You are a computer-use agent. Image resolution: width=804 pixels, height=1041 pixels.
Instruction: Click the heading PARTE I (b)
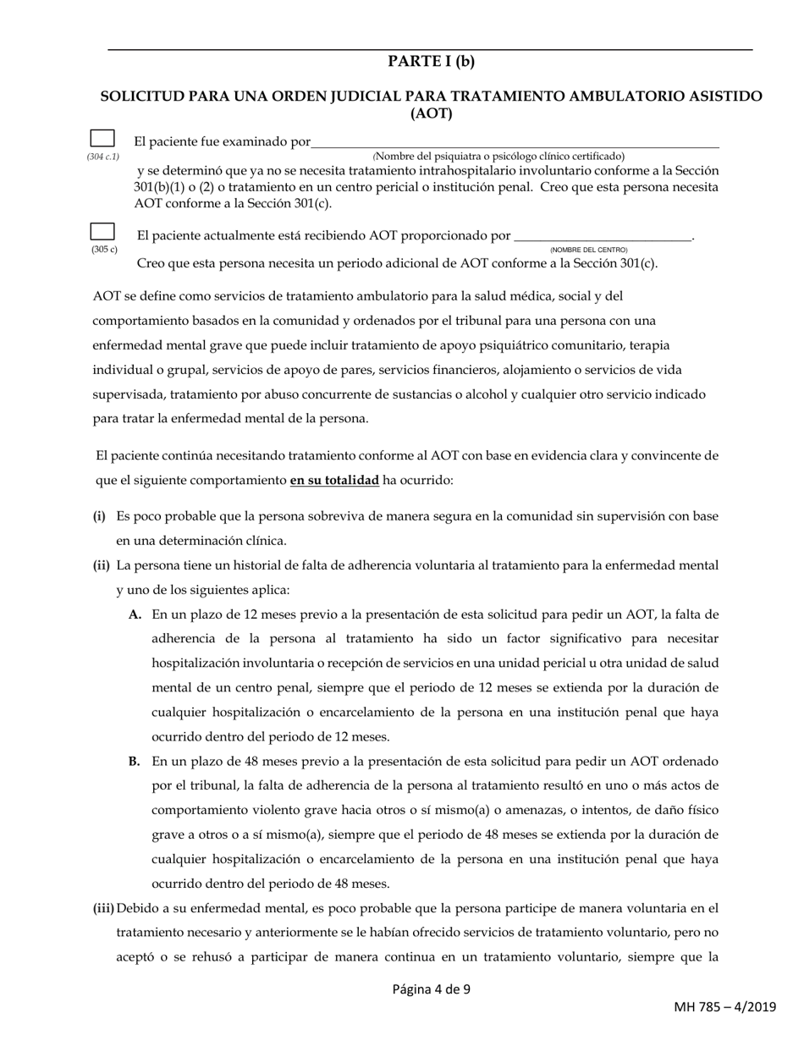[x=431, y=62]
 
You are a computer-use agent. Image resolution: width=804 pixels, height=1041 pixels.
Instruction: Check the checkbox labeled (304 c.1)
[x=102, y=140]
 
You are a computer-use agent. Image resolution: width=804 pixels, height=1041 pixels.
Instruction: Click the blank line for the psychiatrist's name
[x=515, y=142]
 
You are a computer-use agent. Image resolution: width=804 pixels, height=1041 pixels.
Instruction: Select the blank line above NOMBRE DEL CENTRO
[x=603, y=236]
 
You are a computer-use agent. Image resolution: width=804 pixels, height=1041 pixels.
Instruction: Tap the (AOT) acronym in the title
[x=431, y=114]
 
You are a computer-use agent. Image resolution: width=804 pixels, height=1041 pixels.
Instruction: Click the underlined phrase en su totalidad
[x=334, y=481]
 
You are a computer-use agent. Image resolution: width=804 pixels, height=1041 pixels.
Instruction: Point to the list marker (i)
[x=99, y=515]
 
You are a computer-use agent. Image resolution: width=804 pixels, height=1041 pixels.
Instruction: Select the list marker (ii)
[x=101, y=565]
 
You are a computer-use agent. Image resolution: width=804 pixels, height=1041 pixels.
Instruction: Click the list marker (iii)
[x=103, y=909]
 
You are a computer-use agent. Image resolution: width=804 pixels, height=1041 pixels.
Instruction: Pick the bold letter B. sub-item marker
[x=135, y=762]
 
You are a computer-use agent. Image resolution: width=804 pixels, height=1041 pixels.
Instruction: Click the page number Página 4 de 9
[x=431, y=989]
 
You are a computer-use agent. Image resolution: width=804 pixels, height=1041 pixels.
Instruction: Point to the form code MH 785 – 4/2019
[x=724, y=1007]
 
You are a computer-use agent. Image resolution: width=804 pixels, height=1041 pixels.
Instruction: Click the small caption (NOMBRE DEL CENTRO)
[x=589, y=251]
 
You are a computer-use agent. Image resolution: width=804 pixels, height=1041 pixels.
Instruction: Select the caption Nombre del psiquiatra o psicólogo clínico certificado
[x=498, y=157]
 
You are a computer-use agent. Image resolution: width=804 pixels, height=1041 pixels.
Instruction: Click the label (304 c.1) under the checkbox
[x=102, y=157]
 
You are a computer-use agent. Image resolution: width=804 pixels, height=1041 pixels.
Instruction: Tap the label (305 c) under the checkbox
[x=104, y=251]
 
